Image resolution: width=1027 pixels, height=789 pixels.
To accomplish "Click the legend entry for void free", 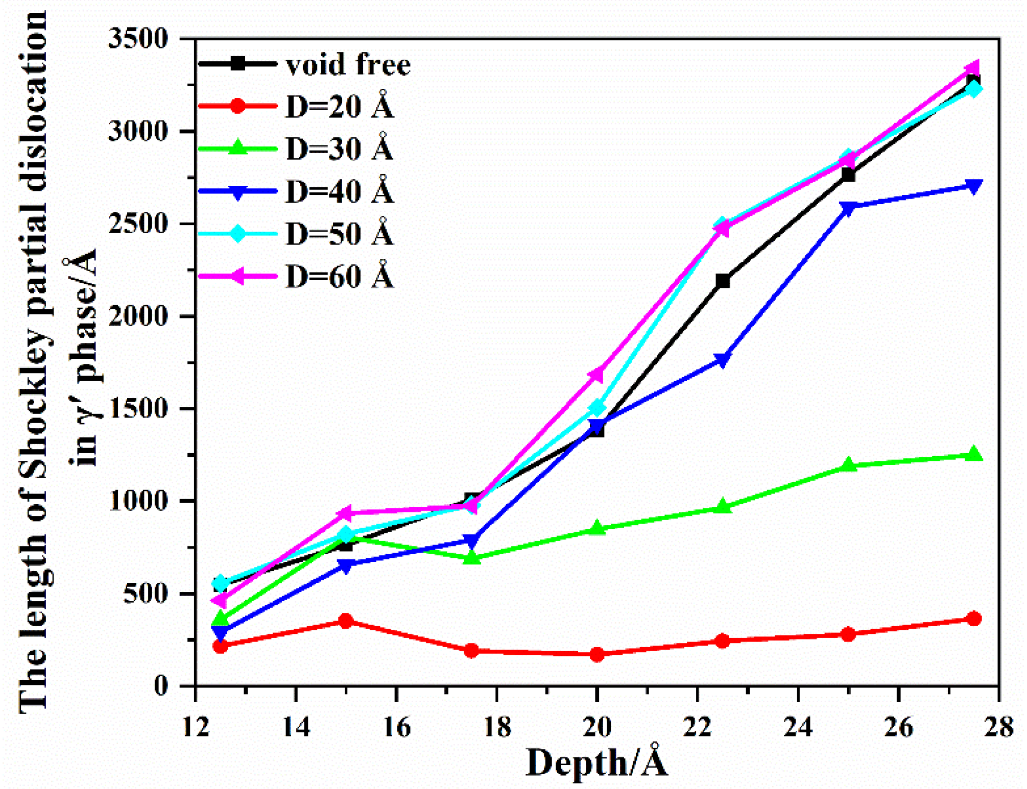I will point(348,65).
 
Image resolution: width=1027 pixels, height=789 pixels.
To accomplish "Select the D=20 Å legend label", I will point(340,107).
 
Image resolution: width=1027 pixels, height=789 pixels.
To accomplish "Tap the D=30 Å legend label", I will point(340,149).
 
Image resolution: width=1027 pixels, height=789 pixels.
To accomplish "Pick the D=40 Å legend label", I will point(340,191).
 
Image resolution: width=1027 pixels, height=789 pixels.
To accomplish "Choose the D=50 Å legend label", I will point(340,234).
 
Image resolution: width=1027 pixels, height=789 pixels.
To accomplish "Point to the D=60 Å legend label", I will point(340,276).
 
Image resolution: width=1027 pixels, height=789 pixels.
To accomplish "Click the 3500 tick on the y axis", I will point(138,39).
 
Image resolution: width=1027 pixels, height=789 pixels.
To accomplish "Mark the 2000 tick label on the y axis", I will point(138,316).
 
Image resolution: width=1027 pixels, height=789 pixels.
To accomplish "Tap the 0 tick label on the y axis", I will point(161,686).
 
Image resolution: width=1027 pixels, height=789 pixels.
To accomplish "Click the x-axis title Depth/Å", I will point(596,763).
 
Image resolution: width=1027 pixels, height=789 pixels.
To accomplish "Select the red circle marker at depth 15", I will point(346,621).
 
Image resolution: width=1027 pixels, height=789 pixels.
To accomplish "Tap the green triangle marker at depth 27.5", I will point(974,453).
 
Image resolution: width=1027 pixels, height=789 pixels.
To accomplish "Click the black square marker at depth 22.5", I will point(722,281).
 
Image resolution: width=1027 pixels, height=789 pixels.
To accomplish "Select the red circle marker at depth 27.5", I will point(974,619).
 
